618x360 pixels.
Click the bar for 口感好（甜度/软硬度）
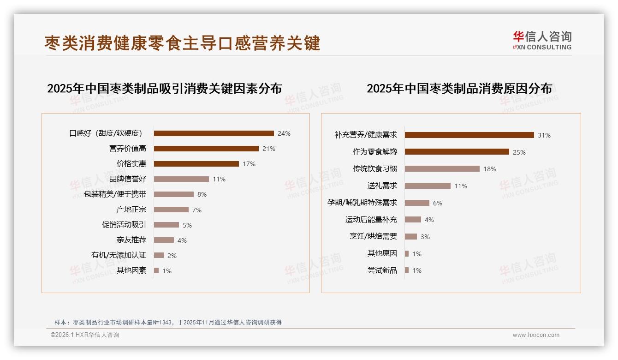click(x=214, y=133)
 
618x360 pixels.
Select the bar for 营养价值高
click(x=206, y=149)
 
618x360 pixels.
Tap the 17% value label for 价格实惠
click(x=249, y=164)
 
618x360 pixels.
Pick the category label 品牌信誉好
click(x=128, y=179)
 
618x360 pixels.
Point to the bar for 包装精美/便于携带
click(x=174, y=194)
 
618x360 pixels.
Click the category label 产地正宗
click(x=131, y=210)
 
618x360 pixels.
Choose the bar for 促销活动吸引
click(x=166, y=225)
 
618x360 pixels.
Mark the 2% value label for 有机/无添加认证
click(x=172, y=255)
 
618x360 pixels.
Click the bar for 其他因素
click(x=156, y=270)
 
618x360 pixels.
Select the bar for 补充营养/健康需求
click(x=469, y=135)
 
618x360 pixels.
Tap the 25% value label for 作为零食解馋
click(x=519, y=152)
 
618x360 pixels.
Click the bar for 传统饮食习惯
click(x=442, y=169)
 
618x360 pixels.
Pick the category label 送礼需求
click(x=382, y=186)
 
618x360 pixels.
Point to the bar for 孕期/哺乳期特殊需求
click(x=417, y=203)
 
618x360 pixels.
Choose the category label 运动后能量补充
click(x=371, y=220)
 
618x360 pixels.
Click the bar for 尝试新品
click(x=407, y=270)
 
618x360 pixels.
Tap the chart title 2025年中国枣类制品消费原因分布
click(x=459, y=89)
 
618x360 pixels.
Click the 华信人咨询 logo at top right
click(x=542, y=41)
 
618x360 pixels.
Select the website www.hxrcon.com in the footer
click(x=536, y=335)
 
